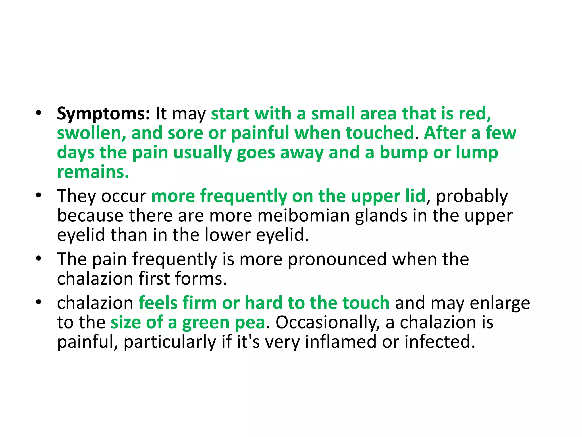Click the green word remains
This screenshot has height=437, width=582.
point(93,172)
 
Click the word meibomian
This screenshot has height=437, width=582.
point(304,215)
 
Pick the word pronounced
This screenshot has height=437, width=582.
point(337,259)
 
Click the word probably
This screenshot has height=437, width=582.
point(472,196)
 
